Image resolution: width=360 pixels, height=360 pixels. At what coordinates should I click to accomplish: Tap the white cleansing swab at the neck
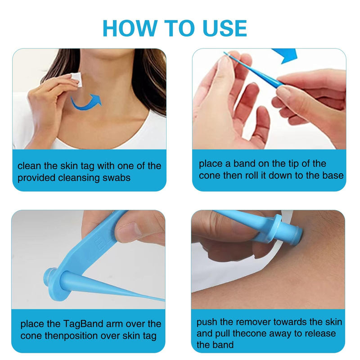(76, 79)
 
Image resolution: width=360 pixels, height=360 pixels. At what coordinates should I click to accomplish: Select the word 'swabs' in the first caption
(115, 178)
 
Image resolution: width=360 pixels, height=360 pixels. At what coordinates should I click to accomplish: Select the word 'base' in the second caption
(333, 175)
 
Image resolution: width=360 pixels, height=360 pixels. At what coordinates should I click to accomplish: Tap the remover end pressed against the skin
(293, 236)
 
